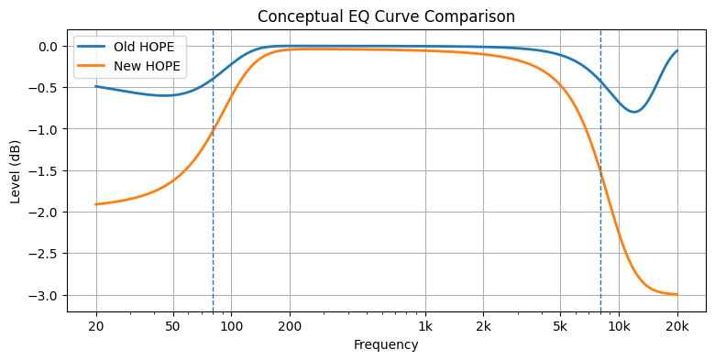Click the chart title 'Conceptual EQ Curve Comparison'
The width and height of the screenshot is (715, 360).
pyautogui.click(x=385, y=16)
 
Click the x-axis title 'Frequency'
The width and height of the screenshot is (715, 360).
pyautogui.click(x=385, y=345)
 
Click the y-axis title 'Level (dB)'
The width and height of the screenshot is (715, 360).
pyautogui.click(x=16, y=170)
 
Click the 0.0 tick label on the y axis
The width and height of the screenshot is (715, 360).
pyautogui.click(x=45, y=47)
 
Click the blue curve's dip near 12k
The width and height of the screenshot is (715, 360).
pyautogui.click(x=634, y=112)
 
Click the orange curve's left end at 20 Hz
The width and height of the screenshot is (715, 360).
pyautogui.click(x=96, y=204)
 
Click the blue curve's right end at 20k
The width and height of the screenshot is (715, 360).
pyautogui.click(x=677, y=51)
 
